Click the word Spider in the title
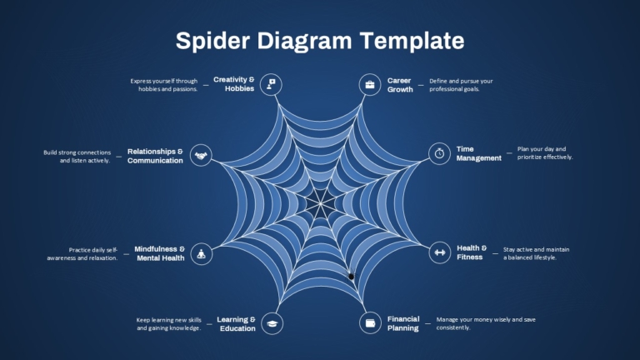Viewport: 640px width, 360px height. click(212, 41)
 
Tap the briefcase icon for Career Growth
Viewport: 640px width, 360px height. click(370, 85)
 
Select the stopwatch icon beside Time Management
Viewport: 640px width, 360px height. click(440, 153)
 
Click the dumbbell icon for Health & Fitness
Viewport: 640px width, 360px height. click(440, 252)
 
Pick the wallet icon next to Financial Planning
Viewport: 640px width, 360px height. click(370, 323)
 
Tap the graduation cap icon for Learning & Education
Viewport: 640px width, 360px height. click(272, 323)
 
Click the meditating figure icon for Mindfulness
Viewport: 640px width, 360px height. click(201, 254)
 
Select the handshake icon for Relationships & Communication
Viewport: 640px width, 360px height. click(201, 155)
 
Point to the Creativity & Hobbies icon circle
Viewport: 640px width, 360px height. click(271, 84)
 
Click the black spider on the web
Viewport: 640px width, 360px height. click(351, 277)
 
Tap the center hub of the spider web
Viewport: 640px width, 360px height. click(321, 202)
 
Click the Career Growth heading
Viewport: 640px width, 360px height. click(400, 85)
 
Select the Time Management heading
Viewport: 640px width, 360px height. click(479, 153)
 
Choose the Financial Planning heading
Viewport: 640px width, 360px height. click(403, 323)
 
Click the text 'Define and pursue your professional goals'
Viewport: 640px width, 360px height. click(461, 85)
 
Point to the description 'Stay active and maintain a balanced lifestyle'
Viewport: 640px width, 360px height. click(536, 253)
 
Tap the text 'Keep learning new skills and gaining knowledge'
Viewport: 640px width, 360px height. click(169, 323)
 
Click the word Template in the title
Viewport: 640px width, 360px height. click(412, 41)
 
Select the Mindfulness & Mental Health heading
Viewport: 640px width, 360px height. click(160, 253)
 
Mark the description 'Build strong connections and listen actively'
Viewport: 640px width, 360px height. click(77, 157)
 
